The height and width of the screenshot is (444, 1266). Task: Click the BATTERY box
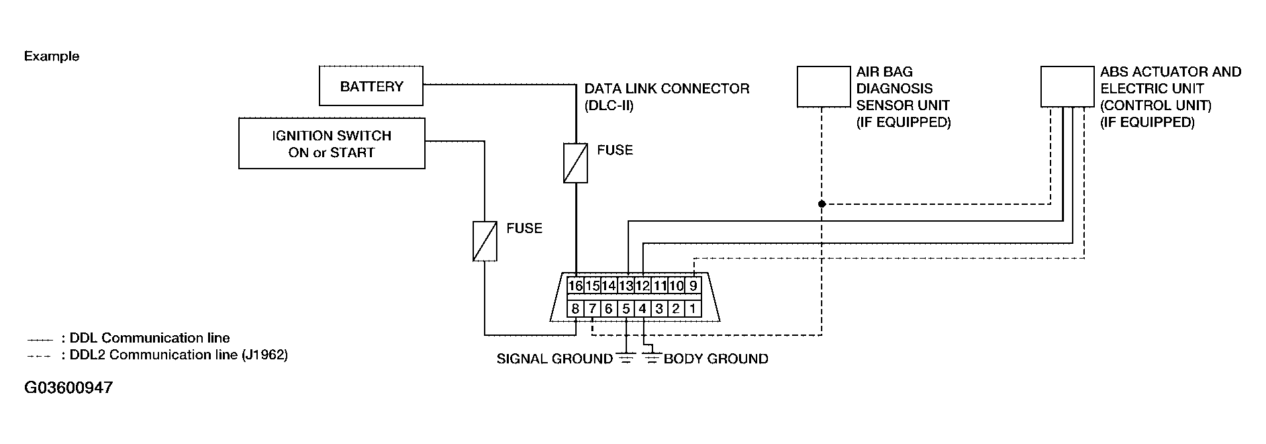(371, 86)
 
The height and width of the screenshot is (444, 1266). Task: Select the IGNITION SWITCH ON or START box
(332, 144)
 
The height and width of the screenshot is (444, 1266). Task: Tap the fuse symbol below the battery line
(575, 163)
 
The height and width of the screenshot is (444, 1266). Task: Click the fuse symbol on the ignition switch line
(485, 241)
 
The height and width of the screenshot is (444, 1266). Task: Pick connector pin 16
(575, 286)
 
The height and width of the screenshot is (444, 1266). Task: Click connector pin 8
(575, 309)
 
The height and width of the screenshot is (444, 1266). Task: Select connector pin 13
(626, 286)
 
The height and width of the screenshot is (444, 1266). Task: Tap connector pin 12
(642, 286)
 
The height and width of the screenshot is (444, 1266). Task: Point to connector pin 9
(693, 286)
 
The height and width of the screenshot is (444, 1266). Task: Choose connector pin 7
(592, 309)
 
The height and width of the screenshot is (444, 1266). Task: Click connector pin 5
(626, 309)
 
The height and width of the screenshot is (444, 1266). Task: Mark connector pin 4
(642, 309)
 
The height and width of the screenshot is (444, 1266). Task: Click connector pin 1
(693, 309)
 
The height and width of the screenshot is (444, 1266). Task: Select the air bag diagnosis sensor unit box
(823, 87)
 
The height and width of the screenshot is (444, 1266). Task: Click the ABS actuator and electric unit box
(1067, 87)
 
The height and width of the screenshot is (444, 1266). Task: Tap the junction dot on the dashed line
(822, 204)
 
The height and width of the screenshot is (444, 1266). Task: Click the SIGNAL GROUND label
(554, 359)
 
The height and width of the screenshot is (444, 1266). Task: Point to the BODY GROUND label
(716, 359)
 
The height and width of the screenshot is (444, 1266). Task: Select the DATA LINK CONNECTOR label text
(667, 89)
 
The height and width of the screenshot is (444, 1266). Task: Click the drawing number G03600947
(68, 388)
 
